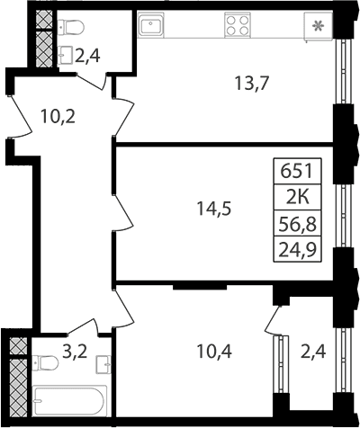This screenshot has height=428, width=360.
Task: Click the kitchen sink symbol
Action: coord(151,25)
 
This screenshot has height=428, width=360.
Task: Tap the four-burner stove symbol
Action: coord(238,25)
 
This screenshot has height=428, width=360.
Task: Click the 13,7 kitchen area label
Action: coord(252,84)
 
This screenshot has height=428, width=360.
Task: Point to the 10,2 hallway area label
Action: coord(58,117)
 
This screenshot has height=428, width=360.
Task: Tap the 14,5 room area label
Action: coord(214,209)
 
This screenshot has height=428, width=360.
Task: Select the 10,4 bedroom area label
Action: coord(214,352)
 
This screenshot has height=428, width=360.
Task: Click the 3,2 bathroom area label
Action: coord(75,351)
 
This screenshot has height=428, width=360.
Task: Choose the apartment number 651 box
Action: coord(297,171)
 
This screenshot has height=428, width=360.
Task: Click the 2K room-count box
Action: coord(297,198)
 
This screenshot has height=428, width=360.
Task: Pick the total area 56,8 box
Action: coord(297,224)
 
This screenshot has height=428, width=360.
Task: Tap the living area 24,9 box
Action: coord(297,250)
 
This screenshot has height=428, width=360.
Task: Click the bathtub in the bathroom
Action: coord(69,401)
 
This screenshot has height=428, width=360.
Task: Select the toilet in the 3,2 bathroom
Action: coord(45,363)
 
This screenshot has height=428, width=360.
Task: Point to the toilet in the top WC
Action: coord(71,28)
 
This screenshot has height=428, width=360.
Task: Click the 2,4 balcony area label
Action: coord(313,352)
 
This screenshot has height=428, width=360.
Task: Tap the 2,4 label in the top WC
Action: coord(87,56)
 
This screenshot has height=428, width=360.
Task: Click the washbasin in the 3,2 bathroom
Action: coord(103,364)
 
